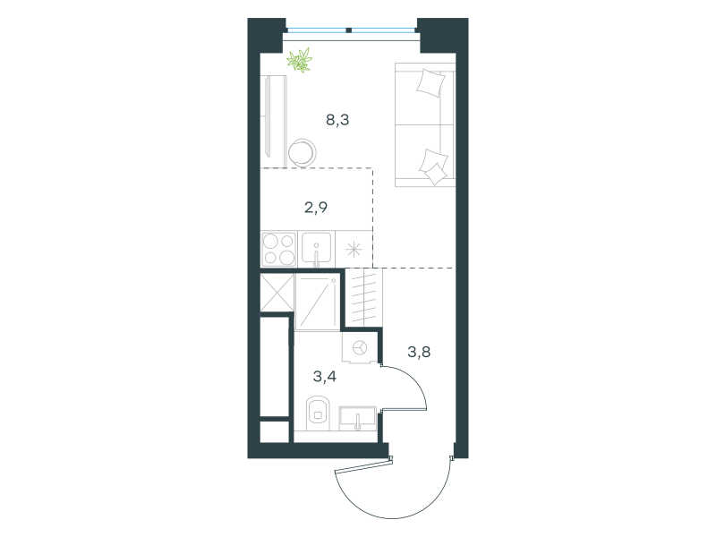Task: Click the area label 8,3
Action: click(337, 120)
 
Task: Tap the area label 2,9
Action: click(316, 208)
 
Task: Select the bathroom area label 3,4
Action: click(325, 377)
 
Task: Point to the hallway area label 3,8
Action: click(419, 352)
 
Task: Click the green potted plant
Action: click(300, 60)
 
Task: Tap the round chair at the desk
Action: click(303, 152)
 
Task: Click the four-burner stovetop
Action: click(278, 250)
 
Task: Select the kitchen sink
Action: click(316, 250)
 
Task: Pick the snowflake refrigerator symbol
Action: click(354, 250)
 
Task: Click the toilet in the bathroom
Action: click(318, 413)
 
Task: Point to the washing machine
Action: click(361, 348)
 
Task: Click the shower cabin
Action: click(318, 302)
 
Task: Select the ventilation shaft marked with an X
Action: click(277, 293)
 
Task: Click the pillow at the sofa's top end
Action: click(430, 82)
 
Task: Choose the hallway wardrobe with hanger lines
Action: click(363, 297)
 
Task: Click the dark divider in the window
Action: click(349, 30)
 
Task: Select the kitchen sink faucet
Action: click(316, 256)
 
